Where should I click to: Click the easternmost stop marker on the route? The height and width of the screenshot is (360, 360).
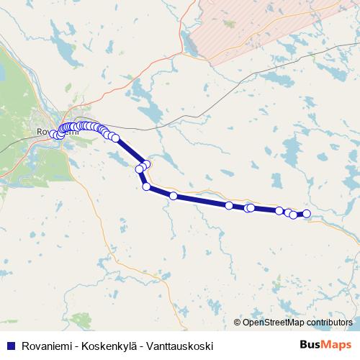[307, 214]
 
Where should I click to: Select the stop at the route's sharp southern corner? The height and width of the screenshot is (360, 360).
[147, 187]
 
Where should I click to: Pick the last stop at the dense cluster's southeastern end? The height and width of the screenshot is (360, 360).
[115, 138]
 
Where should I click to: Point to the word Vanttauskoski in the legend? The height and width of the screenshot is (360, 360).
[180, 346]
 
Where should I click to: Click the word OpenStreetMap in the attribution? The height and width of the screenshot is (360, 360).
[272, 323]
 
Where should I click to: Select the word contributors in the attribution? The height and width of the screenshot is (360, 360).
[328, 323]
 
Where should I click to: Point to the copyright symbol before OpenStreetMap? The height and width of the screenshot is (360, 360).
[238, 323]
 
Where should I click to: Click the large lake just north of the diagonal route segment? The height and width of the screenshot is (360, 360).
[152, 111]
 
